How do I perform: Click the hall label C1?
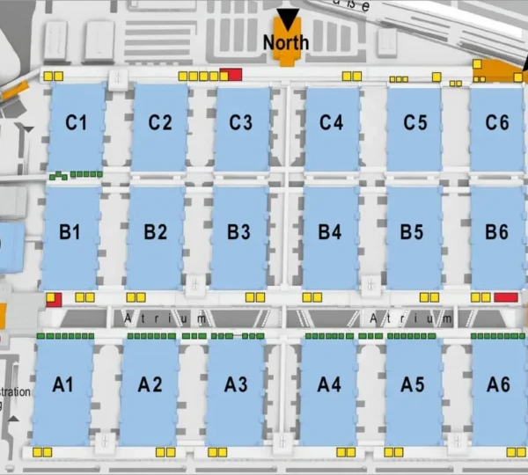77,122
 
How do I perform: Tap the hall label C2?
159,122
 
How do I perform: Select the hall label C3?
241,122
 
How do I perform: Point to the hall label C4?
331,122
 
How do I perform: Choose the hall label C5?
414,122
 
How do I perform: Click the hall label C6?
497,122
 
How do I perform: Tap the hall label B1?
70,233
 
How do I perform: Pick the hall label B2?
155,233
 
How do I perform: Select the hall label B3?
238,233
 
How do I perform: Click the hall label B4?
330,233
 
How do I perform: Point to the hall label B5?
412,233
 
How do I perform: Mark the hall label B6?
497,233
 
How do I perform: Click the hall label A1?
64,384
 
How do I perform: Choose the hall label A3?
236,384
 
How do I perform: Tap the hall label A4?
329,384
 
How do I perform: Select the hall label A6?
498,384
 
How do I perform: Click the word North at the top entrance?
286,42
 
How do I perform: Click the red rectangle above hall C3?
231,75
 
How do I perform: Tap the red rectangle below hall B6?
505,297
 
